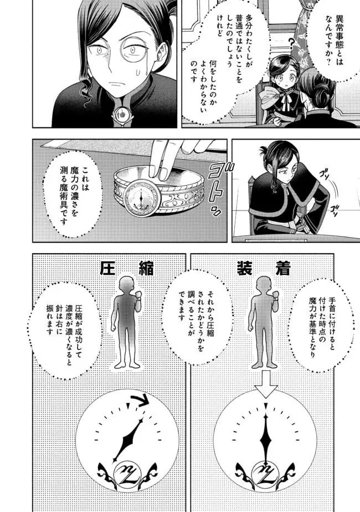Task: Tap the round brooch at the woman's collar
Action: click(x=119, y=114)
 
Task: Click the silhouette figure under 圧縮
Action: click(x=125, y=321)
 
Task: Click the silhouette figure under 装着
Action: click(x=263, y=321)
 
